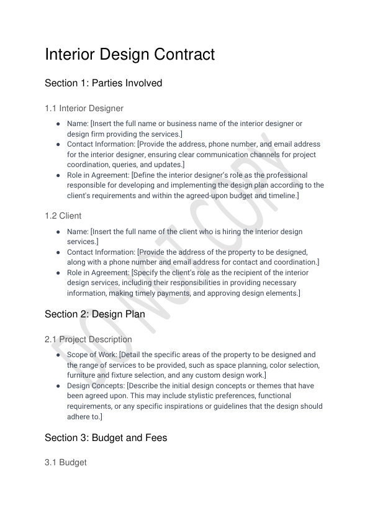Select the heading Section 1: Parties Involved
pos(103,83)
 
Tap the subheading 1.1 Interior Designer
pos(84,109)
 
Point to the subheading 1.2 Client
pos(63,216)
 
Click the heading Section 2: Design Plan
pos(94,314)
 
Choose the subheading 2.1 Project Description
pos(88,340)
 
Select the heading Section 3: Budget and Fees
pos(106,438)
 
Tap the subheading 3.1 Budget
pos(65,463)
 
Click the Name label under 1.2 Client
pos(78,232)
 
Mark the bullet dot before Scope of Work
pos(58,355)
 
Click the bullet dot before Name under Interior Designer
pos(58,124)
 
